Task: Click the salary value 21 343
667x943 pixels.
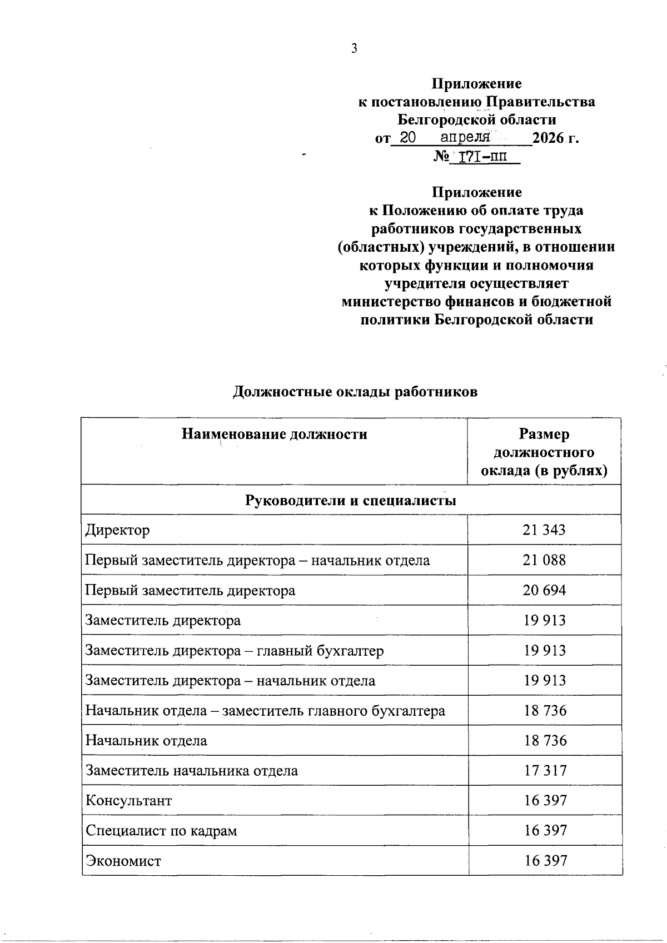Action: click(544, 530)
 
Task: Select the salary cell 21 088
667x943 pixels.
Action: click(544, 560)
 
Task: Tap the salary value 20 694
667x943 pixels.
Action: click(544, 590)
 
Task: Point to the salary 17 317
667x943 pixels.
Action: click(545, 770)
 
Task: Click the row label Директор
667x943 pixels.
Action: click(117, 530)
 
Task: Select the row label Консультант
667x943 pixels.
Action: click(128, 801)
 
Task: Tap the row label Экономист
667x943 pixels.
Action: click(123, 861)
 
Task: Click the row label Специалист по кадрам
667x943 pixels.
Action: click(161, 831)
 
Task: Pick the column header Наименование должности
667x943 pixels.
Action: click(274, 434)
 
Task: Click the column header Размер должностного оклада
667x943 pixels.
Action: click(544, 452)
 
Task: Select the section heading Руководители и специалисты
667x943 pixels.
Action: click(351, 500)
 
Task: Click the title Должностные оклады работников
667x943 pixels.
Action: click(355, 392)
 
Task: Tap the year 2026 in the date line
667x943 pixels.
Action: click(547, 138)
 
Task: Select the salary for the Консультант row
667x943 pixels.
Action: click(545, 800)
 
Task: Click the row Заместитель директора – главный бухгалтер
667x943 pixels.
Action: click(234, 650)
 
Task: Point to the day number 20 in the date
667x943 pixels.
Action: click(408, 138)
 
